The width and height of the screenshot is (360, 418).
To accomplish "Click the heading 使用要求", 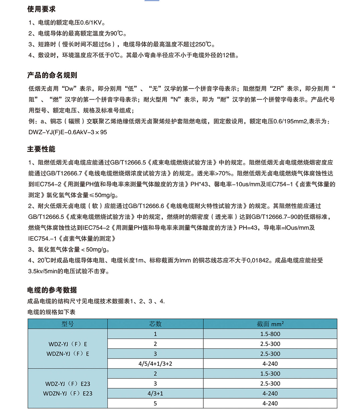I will [x=41, y=9].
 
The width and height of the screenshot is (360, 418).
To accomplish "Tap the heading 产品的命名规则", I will [x=52, y=75].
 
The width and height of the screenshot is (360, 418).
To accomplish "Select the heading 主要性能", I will [x=41, y=149].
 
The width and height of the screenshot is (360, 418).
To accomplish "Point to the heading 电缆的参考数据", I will [x=52, y=290].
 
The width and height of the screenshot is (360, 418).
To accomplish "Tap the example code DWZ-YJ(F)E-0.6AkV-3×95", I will [x=68, y=132].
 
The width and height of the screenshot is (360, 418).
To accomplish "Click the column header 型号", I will [x=68, y=324].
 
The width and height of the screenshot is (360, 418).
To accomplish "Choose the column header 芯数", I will [x=155, y=324].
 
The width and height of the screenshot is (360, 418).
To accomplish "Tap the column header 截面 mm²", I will [x=270, y=324].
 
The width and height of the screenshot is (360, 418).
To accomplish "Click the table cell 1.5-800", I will [x=270, y=334].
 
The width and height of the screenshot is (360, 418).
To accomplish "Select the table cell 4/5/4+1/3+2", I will [x=155, y=364].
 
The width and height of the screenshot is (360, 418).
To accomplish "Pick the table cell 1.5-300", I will [x=270, y=374].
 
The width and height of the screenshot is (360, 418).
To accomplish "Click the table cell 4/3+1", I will [x=155, y=393].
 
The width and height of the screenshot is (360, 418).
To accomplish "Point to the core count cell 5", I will [x=155, y=403].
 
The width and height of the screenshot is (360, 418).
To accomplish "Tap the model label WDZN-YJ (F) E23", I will [x=68, y=393].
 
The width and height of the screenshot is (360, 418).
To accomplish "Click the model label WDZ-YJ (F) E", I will [x=68, y=344].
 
